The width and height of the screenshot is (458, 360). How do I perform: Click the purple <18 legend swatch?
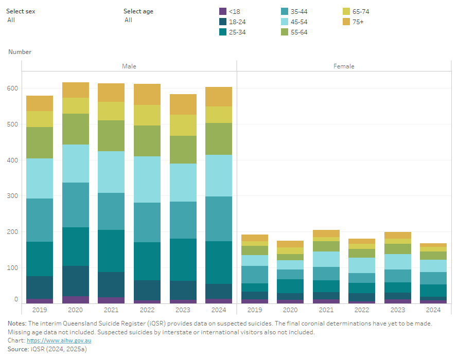(223, 11)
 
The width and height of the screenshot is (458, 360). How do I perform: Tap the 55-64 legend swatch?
(285, 32)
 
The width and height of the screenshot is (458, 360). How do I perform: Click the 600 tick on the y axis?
(13, 88)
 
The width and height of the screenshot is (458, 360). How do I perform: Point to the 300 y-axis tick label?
(13, 196)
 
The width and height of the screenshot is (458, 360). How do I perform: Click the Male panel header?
(129, 66)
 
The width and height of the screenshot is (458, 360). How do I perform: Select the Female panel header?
(344, 66)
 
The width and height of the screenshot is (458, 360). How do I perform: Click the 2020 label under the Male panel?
(75, 310)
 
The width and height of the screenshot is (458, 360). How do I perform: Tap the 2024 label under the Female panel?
(433, 310)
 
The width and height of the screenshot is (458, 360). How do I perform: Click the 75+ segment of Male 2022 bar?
(147, 94)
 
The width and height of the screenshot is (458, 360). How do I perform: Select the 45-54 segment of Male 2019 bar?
(40, 178)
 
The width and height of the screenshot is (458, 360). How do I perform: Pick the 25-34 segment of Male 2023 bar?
(183, 260)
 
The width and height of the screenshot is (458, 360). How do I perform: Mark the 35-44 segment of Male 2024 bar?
(219, 219)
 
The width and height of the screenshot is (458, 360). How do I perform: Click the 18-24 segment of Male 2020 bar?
(75, 281)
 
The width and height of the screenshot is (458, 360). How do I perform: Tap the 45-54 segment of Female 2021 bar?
(326, 259)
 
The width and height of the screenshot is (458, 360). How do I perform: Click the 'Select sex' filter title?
(21, 11)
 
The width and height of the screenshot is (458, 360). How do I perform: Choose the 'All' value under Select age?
(128, 20)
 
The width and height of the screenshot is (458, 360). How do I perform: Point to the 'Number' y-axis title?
(20, 52)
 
